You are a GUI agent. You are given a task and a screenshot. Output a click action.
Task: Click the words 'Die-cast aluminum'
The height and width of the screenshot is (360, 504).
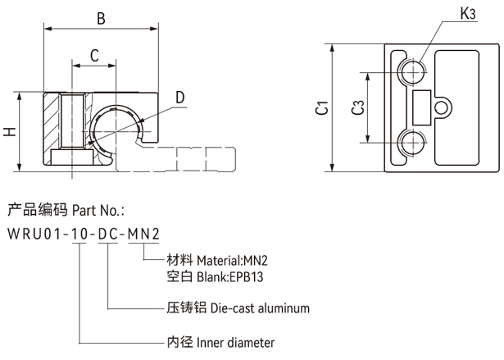pos(261,309)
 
